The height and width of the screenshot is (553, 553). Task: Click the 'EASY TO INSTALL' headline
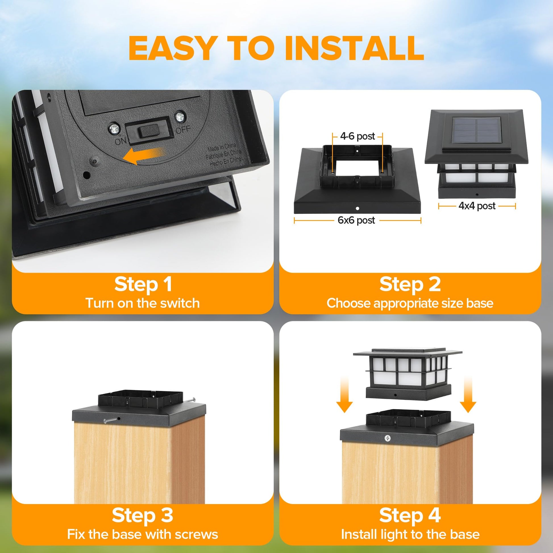(276, 48)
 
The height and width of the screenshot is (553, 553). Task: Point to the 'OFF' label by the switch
(183, 129)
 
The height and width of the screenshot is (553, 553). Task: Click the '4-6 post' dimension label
(357, 136)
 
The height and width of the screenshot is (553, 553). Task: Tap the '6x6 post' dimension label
(356, 220)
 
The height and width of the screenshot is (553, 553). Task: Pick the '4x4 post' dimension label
(477, 206)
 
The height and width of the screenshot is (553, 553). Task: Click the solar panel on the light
(477, 130)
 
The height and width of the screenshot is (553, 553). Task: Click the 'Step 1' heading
(143, 284)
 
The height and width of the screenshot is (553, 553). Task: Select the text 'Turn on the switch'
(143, 303)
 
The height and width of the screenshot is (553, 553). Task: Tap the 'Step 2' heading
(410, 284)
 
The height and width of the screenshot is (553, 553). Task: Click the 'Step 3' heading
(143, 515)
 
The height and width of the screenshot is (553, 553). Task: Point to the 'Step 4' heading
(410, 515)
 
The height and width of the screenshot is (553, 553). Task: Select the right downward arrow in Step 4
(468, 395)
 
